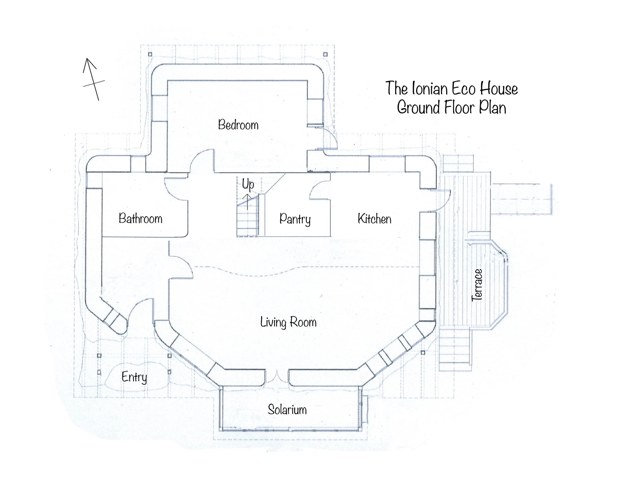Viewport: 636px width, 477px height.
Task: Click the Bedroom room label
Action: click(x=238, y=125)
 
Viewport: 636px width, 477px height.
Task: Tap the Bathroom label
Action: click(x=140, y=219)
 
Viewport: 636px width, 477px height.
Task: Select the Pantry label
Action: click(x=295, y=219)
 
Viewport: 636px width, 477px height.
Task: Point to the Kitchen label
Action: click(x=374, y=219)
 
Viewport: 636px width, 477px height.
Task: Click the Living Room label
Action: click(x=288, y=322)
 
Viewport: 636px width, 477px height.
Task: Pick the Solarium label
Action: click(x=287, y=409)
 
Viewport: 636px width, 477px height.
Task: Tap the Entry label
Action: click(x=134, y=377)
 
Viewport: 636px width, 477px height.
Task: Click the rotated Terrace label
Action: click(x=477, y=285)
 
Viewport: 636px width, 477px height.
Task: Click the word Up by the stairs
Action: click(x=248, y=184)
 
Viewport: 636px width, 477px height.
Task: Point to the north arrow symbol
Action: click(x=93, y=79)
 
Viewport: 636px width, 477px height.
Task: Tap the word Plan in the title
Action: click(x=492, y=108)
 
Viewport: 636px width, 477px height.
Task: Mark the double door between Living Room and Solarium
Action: click(x=277, y=377)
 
